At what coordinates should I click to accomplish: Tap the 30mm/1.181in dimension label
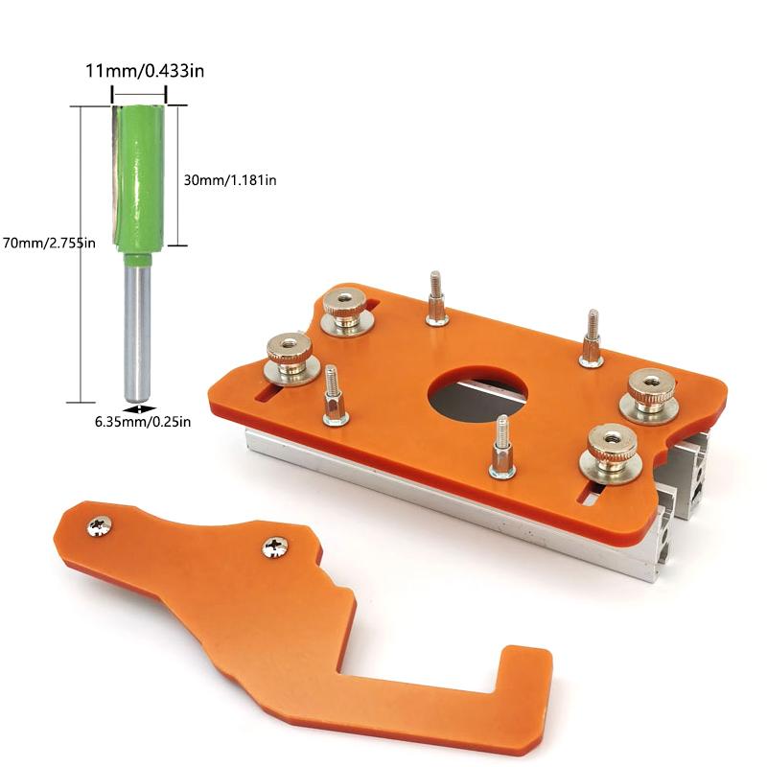pyautogui.click(x=230, y=179)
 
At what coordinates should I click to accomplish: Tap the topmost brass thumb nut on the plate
pyautogui.click(x=344, y=308)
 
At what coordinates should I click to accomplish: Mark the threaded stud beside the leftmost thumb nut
pyautogui.click(x=334, y=395)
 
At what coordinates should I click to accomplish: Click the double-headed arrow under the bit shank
pyautogui.click(x=140, y=407)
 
